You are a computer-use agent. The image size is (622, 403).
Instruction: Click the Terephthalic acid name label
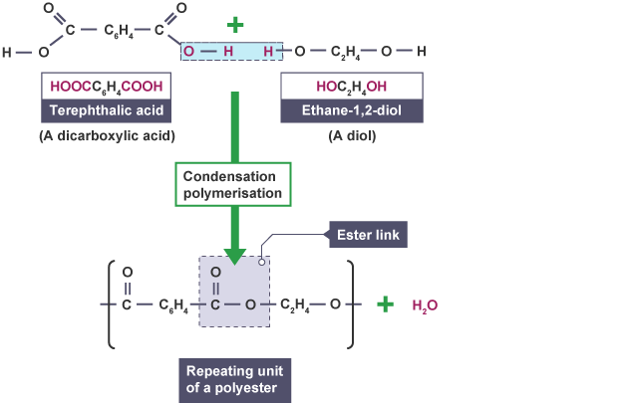tap(102, 110)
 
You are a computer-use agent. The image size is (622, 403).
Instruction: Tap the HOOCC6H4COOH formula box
tap(102, 87)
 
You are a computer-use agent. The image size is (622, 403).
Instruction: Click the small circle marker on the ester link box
tap(263, 261)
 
